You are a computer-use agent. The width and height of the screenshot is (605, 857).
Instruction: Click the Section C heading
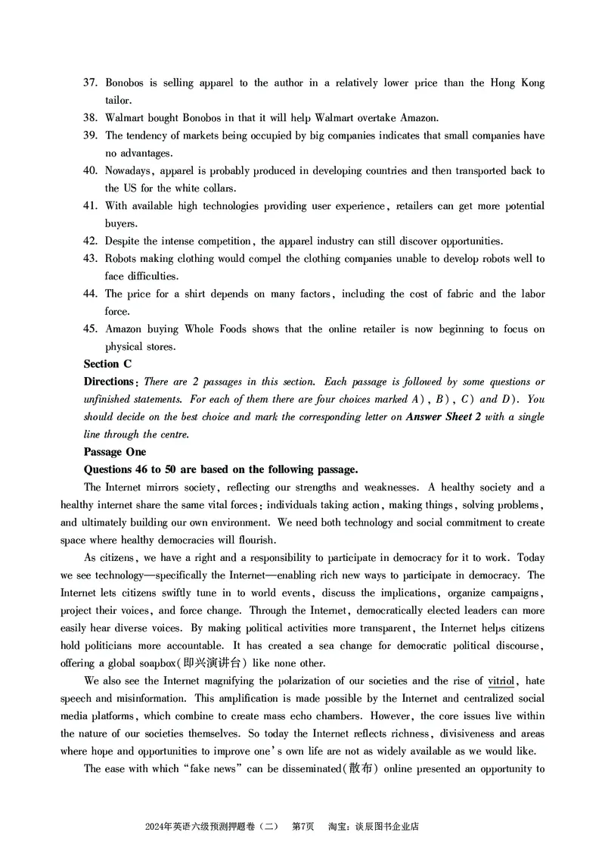point(107,364)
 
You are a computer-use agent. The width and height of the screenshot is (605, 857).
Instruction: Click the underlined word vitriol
point(501,681)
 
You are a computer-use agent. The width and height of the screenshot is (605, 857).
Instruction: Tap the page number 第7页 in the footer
point(302,827)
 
